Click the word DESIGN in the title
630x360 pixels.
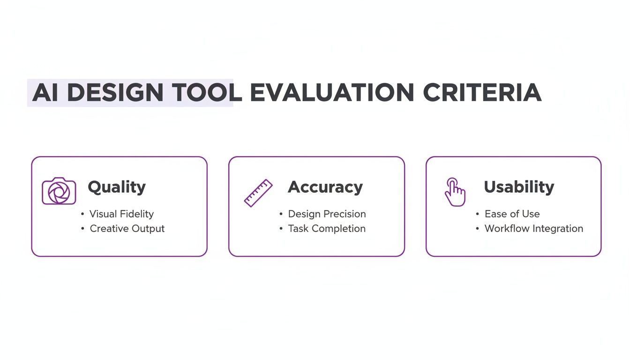point(115,93)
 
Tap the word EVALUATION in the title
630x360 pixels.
point(332,93)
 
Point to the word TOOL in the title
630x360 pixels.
point(207,93)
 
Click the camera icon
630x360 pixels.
point(59,191)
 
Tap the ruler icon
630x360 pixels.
point(258,193)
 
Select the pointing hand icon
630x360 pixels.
point(454,192)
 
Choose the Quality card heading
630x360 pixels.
point(117,187)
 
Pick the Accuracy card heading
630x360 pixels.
point(325,187)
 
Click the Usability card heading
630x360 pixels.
point(519,187)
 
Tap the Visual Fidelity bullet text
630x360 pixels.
point(121,214)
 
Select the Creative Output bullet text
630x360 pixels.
point(127,229)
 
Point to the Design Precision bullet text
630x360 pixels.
point(327,214)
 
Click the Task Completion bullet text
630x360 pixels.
point(327,229)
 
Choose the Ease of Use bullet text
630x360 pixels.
point(512,214)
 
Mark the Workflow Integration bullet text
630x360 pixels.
point(534,229)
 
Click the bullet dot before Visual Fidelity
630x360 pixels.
point(82,214)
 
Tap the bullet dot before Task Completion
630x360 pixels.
point(281,229)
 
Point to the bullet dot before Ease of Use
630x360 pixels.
point(478,214)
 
